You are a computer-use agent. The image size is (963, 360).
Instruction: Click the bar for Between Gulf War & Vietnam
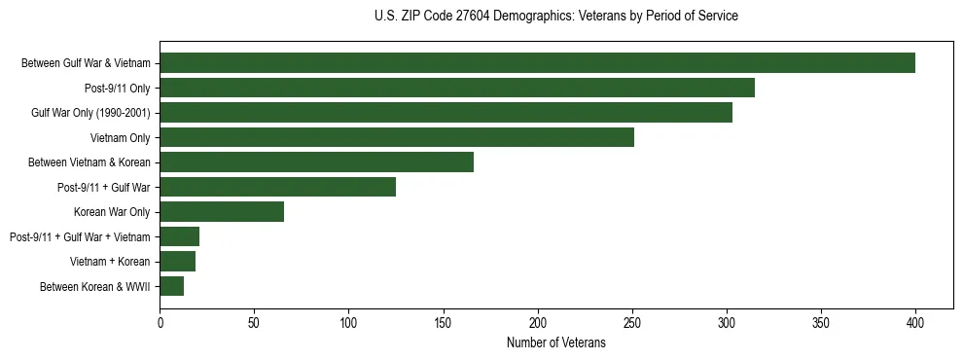537,63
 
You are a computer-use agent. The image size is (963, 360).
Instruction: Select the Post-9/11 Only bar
457,88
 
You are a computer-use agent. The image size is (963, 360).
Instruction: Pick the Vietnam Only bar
397,137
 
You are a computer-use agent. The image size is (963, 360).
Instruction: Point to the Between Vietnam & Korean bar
316,162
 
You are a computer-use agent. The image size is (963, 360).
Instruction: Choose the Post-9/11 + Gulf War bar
277,187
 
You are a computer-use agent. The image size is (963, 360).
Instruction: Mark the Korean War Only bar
222,212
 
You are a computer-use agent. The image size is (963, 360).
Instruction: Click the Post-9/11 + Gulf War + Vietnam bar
180,236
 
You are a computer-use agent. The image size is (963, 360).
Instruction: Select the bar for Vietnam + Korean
178,262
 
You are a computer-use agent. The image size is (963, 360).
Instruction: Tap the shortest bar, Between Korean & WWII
172,286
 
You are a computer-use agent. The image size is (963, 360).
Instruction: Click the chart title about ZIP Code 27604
555,17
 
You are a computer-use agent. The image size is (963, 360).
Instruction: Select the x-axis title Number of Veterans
555,343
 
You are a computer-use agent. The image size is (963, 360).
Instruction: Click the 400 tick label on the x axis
915,322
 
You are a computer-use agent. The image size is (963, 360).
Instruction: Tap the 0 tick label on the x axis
160,322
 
